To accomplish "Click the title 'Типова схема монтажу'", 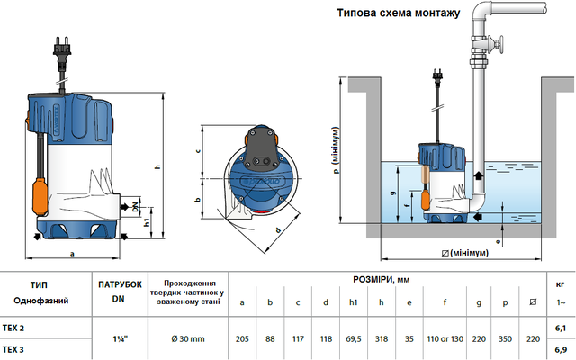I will [397, 13].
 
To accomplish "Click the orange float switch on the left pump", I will [40, 194].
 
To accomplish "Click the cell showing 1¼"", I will [118, 337].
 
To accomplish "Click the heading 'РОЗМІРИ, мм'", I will [385, 279].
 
